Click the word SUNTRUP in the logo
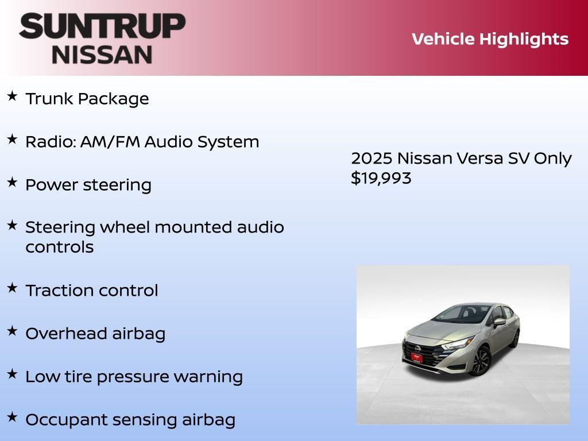tap(102, 26)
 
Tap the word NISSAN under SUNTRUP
tap(102, 55)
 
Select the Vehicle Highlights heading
tap(490, 39)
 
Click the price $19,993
tap(381, 178)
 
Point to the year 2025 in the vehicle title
tap(371, 158)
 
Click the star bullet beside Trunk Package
tap(12, 96)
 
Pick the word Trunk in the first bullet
tap(49, 99)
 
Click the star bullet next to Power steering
tap(12, 182)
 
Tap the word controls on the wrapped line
tap(59, 247)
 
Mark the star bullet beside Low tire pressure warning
tap(12, 374)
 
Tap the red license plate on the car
tap(416, 357)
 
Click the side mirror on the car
tap(498, 322)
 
